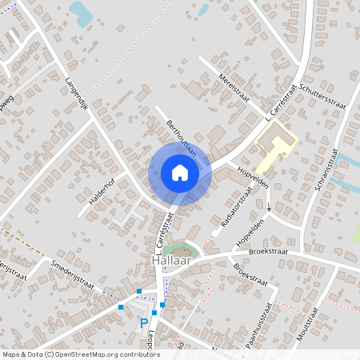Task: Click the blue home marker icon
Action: (x=180, y=172)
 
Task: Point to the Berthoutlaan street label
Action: (x=182, y=138)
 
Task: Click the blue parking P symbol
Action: (x=145, y=323)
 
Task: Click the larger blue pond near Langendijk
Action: (x=81, y=12)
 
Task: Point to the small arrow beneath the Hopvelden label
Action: (x=269, y=211)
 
